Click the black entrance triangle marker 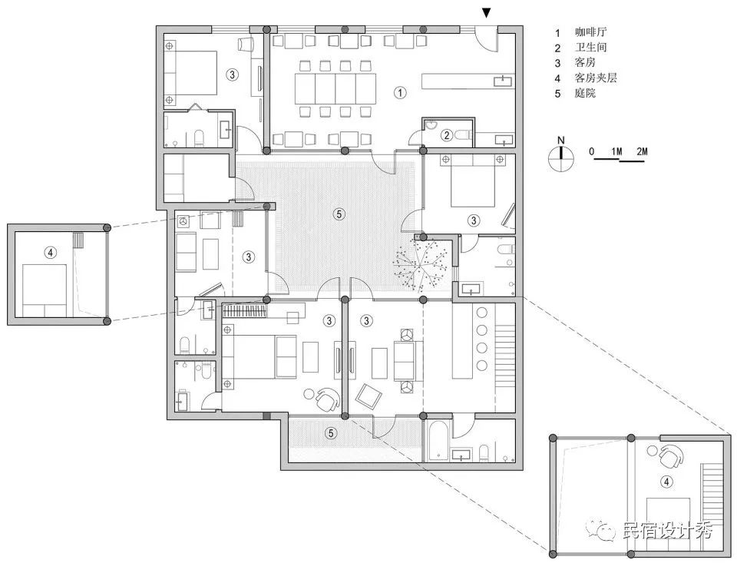point(487,13)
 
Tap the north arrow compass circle point(560,157)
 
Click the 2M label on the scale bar point(642,151)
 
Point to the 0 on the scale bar point(591,151)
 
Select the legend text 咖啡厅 point(591,32)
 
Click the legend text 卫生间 point(591,47)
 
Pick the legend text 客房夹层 point(596,78)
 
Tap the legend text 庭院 point(585,93)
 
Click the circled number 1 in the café point(400,93)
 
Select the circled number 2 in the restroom point(447,136)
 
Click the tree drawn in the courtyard point(420,264)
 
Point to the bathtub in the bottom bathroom point(437,441)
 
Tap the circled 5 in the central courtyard point(339,214)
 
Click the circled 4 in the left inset point(50,253)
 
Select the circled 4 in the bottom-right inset point(666,482)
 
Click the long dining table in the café point(335,88)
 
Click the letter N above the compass point(560,140)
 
